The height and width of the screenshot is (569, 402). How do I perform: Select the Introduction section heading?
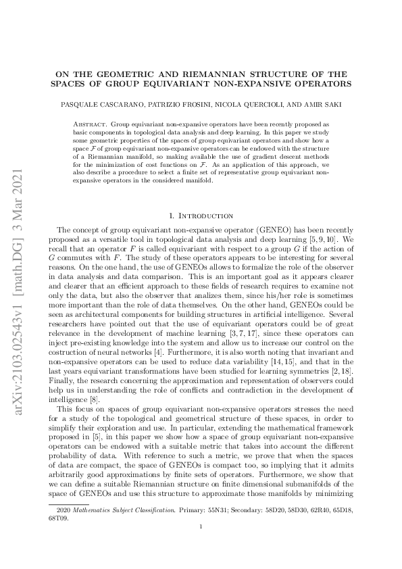201,216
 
